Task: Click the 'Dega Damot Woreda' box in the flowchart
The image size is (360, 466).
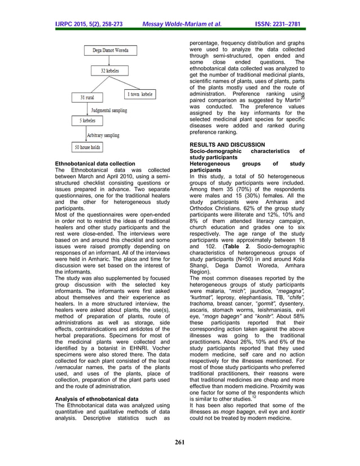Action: click(110, 51)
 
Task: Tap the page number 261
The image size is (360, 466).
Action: click(180, 441)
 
